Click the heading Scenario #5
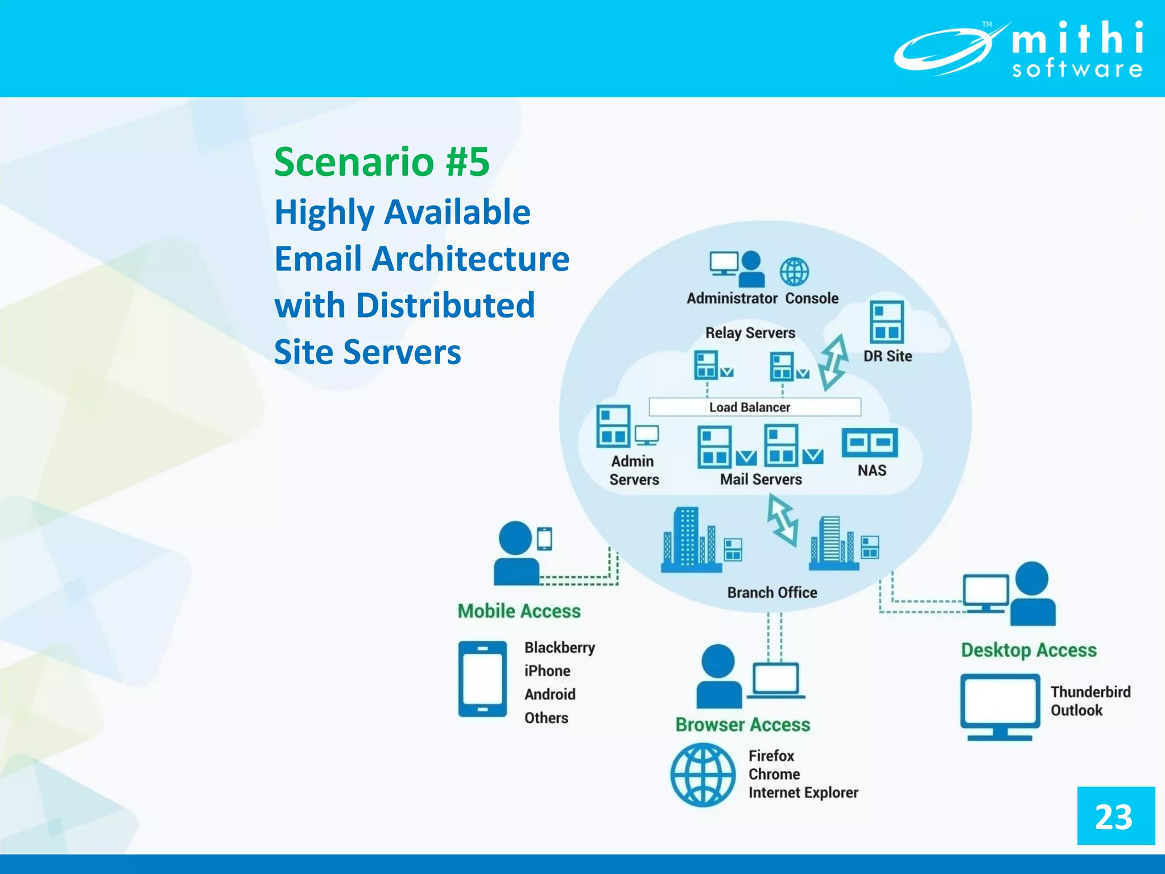click(x=382, y=162)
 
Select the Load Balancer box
click(x=754, y=407)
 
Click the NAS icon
click(x=869, y=443)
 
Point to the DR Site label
click(x=887, y=356)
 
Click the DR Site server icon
click(x=886, y=322)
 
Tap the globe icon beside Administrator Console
click(x=794, y=271)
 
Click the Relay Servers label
click(x=750, y=333)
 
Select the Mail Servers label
click(x=761, y=480)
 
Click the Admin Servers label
click(x=633, y=471)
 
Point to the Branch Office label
click(x=772, y=593)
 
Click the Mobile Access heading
click(x=519, y=611)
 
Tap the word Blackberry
click(x=559, y=648)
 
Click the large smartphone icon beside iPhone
click(x=482, y=679)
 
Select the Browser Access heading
click(x=742, y=725)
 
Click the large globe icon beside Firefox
click(x=703, y=774)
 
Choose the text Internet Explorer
click(x=803, y=793)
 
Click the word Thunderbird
click(x=1090, y=692)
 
